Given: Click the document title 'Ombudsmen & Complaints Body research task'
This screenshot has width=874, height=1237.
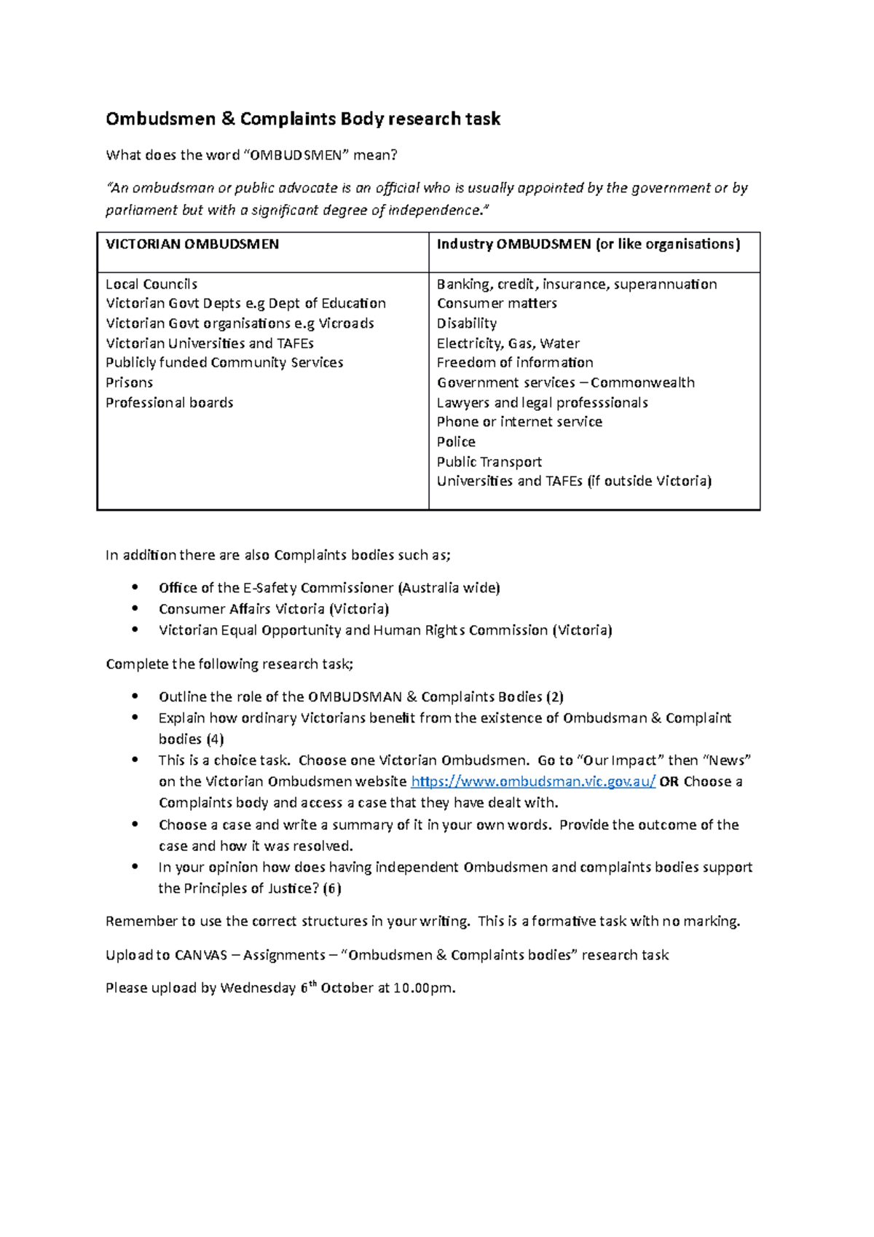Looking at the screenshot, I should click(x=303, y=119).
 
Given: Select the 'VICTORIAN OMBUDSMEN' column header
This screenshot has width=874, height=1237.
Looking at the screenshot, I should click(x=192, y=245).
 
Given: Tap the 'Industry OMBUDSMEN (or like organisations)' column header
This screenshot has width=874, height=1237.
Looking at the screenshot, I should click(x=588, y=245).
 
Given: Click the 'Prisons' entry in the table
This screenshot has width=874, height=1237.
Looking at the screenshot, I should click(x=129, y=382).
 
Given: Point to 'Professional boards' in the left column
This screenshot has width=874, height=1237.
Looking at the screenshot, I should click(x=169, y=403).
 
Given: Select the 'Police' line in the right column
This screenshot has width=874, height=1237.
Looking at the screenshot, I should click(x=456, y=442).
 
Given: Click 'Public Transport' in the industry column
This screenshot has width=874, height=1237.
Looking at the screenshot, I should click(x=489, y=462).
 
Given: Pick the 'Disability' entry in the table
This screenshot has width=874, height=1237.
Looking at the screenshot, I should click(x=466, y=323).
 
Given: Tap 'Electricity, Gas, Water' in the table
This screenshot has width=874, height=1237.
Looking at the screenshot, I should click(x=508, y=343).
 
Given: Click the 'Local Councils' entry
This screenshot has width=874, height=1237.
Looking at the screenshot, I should click(x=151, y=284).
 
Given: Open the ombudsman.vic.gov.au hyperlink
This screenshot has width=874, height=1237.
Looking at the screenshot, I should click(x=533, y=782).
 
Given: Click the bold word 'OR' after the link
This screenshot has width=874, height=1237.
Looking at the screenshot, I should click(x=669, y=782).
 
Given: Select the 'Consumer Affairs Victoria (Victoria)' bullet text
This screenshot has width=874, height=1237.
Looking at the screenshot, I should click(x=274, y=609).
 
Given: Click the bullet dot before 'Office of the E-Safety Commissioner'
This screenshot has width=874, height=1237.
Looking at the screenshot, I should click(x=135, y=587).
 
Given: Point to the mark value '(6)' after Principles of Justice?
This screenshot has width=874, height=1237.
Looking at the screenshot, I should click(x=332, y=889).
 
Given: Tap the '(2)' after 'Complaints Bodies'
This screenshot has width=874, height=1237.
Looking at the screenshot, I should click(x=555, y=697).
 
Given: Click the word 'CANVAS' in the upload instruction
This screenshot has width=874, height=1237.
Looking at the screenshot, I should click(x=201, y=955).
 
